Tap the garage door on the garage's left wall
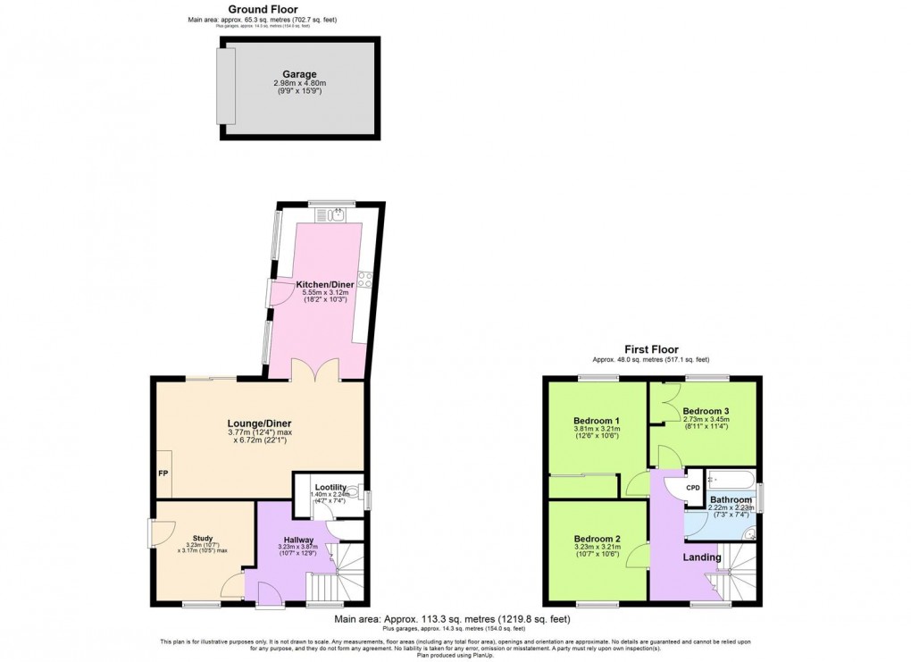point(226,87)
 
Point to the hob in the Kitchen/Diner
point(364,278)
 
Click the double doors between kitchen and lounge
point(319,369)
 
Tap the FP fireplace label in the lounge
point(163,473)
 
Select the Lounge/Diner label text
point(258,423)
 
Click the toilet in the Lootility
point(355,493)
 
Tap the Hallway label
point(298,540)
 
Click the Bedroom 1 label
point(597,420)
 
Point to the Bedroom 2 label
point(597,539)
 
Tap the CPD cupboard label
point(693,488)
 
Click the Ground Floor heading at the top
point(263,9)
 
